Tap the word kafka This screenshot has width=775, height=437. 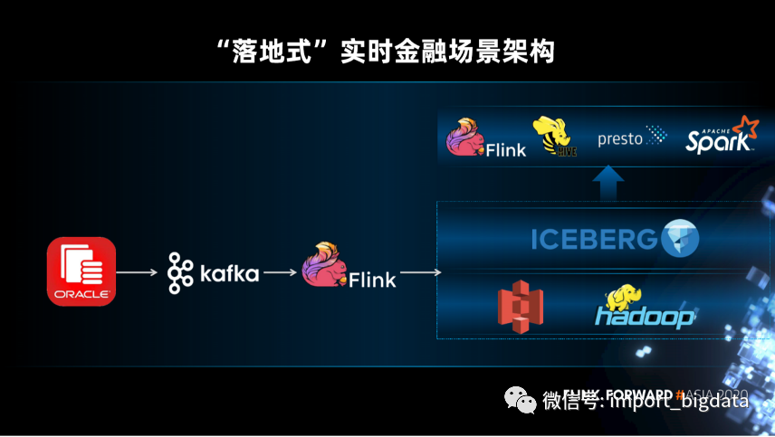[x=229, y=272]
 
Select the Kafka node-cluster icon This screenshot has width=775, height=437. [x=181, y=272]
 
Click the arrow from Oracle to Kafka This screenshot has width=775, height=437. [x=136, y=271]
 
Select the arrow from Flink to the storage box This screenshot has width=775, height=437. [x=418, y=271]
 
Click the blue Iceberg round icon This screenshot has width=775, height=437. [x=680, y=238]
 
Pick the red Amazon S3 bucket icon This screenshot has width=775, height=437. [x=521, y=308]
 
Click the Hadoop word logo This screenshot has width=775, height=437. [x=645, y=317]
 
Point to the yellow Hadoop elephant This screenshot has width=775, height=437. [x=626, y=298]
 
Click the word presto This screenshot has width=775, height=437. [x=620, y=139]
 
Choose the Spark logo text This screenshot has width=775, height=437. [x=717, y=142]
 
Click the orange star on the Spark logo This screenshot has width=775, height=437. [x=746, y=127]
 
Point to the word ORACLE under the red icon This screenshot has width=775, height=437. [x=81, y=295]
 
